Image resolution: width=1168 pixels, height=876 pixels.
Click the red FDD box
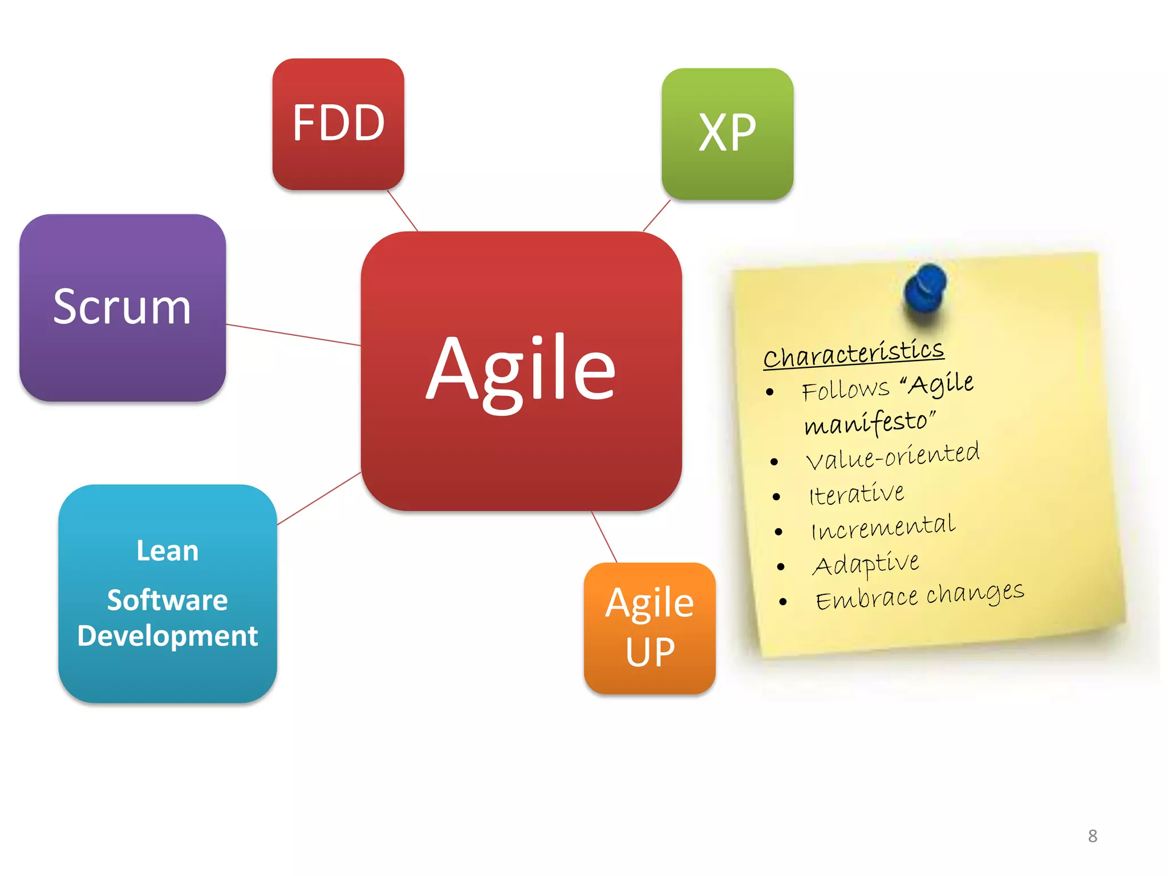[x=338, y=124]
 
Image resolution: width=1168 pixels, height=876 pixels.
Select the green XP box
[x=727, y=133]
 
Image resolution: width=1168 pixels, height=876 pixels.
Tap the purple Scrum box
[x=122, y=307]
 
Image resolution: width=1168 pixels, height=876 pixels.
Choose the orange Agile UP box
[x=650, y=628]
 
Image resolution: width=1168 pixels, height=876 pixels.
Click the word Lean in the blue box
[x=168, y=551]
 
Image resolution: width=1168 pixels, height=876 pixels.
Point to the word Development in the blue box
[x=168, y=636]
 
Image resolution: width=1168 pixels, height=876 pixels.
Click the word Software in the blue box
[x=168, y=600]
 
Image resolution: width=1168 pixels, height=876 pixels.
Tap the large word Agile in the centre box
[x=521, y=370]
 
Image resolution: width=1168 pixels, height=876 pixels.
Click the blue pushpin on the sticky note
[x=925, y=287]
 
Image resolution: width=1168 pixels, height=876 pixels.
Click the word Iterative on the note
[x=857, y=494]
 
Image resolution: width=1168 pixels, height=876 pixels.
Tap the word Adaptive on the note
[x=866, y=564]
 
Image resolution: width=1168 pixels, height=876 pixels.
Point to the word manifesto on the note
[x=869, y=423]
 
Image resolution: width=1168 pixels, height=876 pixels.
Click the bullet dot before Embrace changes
[x=783, y=602]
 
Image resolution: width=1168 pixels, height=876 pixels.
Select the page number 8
[x=1092, y=836]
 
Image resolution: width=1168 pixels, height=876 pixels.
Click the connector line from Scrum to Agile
[x=293, y=335]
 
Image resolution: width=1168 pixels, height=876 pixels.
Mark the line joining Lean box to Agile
[x=319, y=498]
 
